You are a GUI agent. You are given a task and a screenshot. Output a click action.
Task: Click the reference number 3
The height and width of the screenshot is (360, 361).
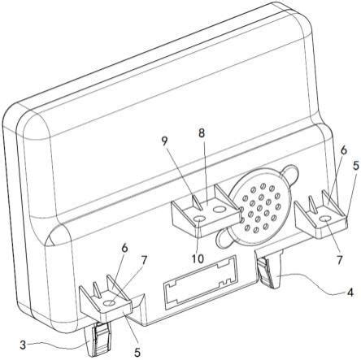tap(24, 345)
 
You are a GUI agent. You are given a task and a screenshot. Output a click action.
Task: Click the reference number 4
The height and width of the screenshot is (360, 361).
tap(350, 293)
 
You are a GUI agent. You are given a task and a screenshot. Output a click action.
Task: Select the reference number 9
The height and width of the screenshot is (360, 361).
tap(165, 141)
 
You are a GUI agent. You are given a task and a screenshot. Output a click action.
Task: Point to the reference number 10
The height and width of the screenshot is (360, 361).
tap(198, 258)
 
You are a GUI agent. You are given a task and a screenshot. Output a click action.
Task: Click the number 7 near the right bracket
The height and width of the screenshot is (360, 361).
tap(340, 260)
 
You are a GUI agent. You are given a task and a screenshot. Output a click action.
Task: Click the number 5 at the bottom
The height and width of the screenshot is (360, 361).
tap(137, 352)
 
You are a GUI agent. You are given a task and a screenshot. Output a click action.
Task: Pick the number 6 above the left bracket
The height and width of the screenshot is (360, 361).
tap(124, 249)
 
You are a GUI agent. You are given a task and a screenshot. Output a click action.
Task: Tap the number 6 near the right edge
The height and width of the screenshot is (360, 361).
tap(343, 151)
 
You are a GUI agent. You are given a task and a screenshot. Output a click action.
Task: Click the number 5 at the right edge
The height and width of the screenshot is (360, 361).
tap(356, 165)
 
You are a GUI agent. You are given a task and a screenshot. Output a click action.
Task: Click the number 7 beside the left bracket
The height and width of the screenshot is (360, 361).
tap(144, 260)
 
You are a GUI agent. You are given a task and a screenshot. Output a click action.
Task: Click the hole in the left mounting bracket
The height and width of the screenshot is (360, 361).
tap(110, 303)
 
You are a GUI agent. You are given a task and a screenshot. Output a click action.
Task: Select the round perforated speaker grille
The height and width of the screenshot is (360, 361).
tap(258, 208)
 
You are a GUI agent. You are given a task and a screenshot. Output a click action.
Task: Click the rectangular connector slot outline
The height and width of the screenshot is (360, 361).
tap(200, 282)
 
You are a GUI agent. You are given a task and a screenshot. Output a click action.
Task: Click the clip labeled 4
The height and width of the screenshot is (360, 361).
tap(269, 269)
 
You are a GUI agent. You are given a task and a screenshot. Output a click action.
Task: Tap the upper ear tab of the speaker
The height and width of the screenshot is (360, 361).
tap(289, 172)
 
